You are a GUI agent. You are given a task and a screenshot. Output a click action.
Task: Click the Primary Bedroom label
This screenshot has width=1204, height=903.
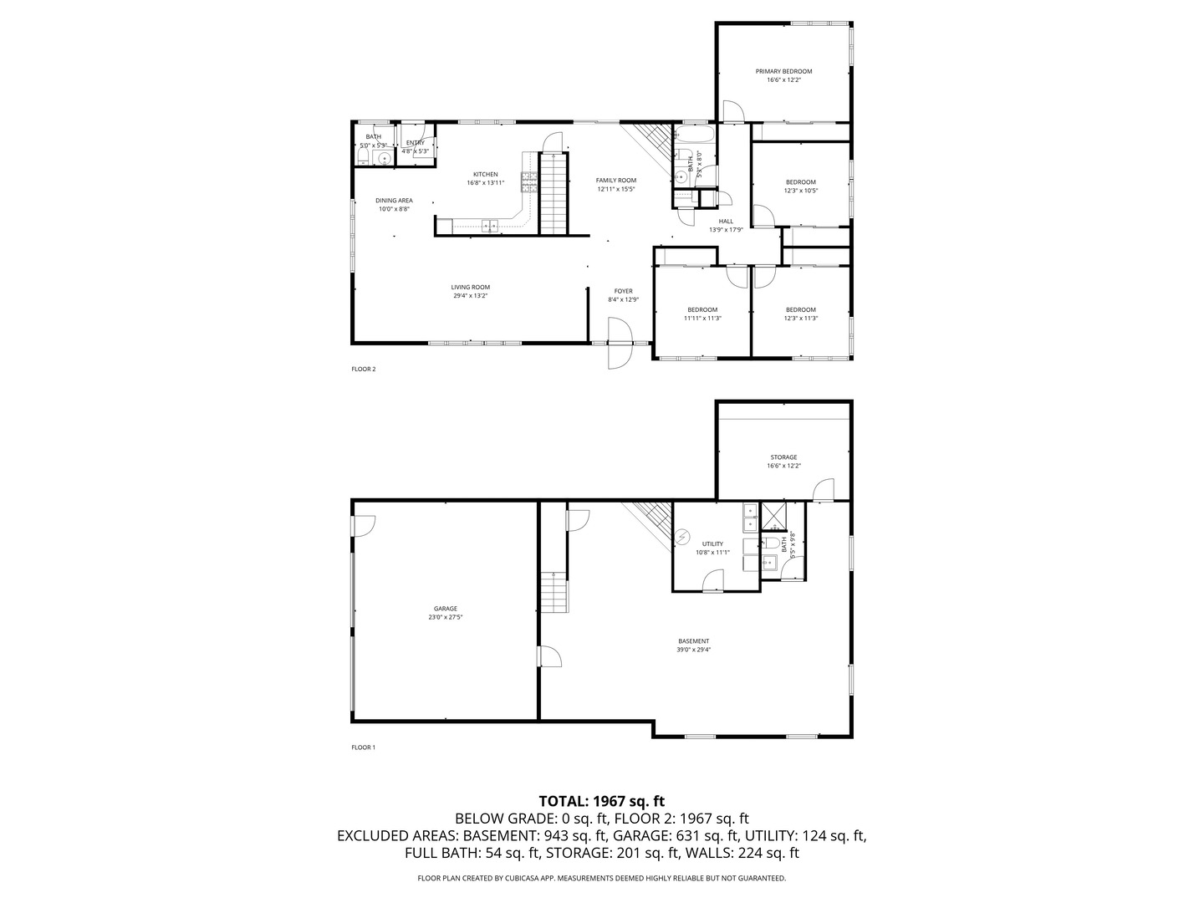coord(783,71)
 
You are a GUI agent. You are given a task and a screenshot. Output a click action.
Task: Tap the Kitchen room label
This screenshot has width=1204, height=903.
coord(485,175)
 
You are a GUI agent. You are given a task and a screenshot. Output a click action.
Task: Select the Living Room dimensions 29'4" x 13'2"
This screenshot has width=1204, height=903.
coord(470,295)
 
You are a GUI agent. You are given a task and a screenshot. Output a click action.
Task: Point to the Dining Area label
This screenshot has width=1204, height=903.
coord(394,201)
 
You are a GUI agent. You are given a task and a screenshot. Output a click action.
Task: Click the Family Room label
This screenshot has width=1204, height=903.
coord(615,181)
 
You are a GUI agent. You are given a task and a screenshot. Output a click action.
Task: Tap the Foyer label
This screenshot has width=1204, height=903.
coord(623,291)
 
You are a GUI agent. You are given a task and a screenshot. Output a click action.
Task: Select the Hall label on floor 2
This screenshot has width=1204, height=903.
coord(726,222)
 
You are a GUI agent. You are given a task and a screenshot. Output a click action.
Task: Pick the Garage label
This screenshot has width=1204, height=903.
coord(445,609)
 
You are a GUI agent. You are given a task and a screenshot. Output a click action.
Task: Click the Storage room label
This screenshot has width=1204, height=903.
coord(783,457)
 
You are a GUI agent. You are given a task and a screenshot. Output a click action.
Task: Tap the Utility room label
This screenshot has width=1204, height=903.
coord(712,543)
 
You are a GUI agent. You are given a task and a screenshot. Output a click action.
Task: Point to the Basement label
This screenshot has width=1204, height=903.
coord(693,641)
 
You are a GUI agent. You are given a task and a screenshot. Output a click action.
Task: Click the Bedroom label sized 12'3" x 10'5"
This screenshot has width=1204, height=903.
coord(800,182)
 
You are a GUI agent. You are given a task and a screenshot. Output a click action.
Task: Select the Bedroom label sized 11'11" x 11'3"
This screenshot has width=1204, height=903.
coord(701,309)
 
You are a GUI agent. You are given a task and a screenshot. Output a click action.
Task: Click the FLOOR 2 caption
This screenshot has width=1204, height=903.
coord(363,369)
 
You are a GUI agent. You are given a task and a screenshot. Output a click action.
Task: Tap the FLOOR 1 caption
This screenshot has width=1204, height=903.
coord(363,747)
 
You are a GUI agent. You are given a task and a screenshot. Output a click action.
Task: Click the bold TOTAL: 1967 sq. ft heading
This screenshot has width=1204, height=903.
coord(601,801)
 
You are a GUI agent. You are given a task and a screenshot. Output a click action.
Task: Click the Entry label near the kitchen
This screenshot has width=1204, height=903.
coord(416,143)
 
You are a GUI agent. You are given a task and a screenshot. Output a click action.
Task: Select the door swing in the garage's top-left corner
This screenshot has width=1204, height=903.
coord(365,525)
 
